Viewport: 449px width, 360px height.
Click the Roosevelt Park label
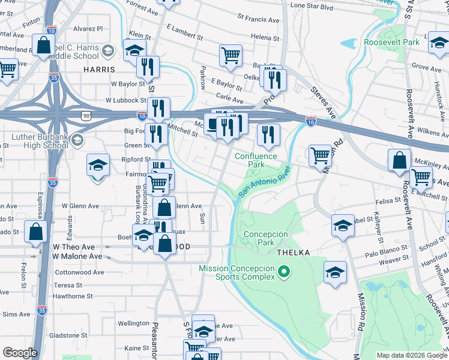point(391,43)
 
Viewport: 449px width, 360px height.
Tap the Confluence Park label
point(256,160)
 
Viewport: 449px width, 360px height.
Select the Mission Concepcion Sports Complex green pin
point(283,274)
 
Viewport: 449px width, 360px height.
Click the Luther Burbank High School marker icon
point(76,141)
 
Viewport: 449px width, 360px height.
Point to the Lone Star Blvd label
point(312,6)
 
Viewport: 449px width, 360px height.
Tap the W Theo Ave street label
point(74,247)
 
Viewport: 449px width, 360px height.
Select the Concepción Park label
point(266,239)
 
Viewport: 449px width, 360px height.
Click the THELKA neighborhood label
point(293,253)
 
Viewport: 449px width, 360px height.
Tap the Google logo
point(20,353)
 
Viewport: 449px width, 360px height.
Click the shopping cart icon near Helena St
point(231,55)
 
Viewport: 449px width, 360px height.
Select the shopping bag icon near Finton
point(44,44)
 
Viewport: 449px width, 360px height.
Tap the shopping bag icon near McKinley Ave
point(400,160)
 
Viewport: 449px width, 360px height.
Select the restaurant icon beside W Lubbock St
point(158,108)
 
